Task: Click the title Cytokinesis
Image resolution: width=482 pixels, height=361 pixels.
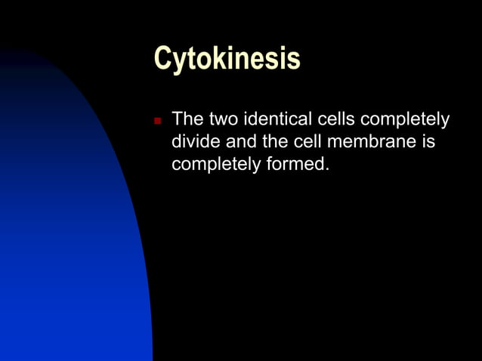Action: point(227,58)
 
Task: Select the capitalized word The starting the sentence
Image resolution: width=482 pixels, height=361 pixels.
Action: point(187,119)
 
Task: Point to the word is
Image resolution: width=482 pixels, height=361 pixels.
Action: point(428,141)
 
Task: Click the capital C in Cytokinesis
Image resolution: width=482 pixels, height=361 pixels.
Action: point(162,58)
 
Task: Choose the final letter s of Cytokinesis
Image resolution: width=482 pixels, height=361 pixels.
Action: point(293,60)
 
